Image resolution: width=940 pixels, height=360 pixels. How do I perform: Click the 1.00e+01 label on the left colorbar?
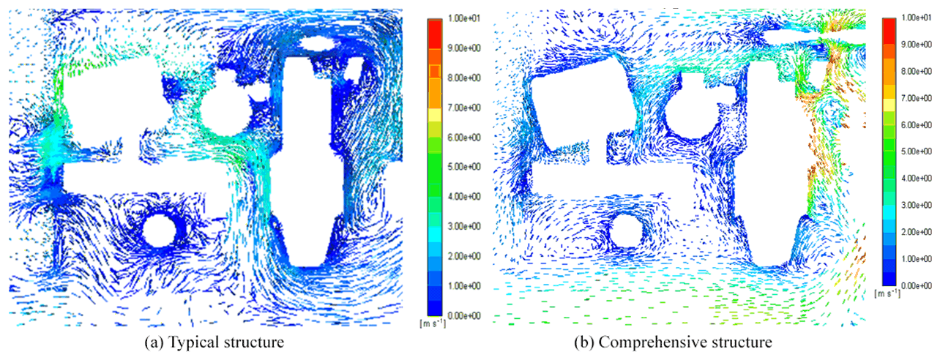click(x=463, y=18)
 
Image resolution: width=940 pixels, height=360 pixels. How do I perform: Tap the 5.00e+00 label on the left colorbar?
click(x=463, y=167)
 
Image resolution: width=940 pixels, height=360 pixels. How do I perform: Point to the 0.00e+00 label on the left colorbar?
click(x=463, y=315)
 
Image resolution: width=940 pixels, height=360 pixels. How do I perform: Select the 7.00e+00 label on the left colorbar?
click(x=463, y=108)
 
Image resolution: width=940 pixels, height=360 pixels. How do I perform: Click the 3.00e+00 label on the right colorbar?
click(x=917, y=205)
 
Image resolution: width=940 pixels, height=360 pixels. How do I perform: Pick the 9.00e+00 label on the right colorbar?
click(x=917, y=45)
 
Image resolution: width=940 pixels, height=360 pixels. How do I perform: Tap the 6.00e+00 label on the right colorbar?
click(x=917, y=125)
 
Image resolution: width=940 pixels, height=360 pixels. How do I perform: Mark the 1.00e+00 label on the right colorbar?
click(x=917, y=259)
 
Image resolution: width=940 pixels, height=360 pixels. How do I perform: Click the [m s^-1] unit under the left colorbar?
click(x=433, y=323)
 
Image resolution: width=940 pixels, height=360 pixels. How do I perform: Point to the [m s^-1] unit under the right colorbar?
click(x=887, y=293)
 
